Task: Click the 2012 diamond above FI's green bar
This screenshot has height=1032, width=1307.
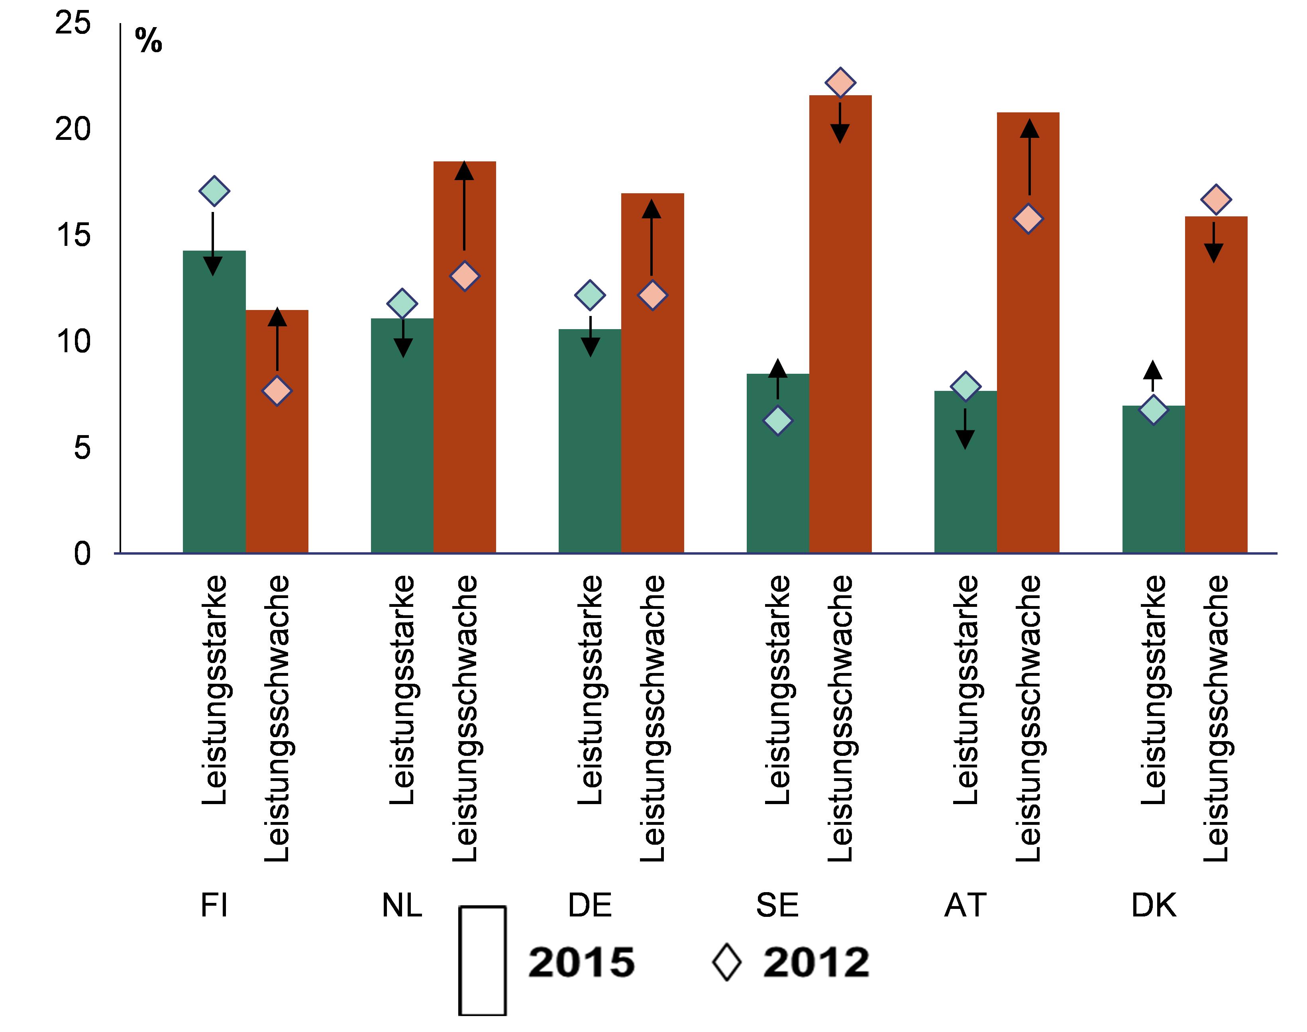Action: click(214, 192)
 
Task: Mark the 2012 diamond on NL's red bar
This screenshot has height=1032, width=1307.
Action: click(464, 276)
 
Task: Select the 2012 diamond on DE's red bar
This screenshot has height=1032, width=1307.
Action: click(653, 296)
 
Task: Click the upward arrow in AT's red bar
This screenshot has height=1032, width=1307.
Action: click(1030, 157)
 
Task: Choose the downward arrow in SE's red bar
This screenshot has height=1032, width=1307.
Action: click(840, 124)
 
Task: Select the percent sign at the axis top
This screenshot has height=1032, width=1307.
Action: click(149, 41)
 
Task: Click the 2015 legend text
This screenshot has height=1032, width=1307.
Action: click(581, 963)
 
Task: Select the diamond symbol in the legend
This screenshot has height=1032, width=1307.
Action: click(726, 963)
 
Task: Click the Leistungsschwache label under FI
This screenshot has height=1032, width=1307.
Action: click(277, 719)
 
